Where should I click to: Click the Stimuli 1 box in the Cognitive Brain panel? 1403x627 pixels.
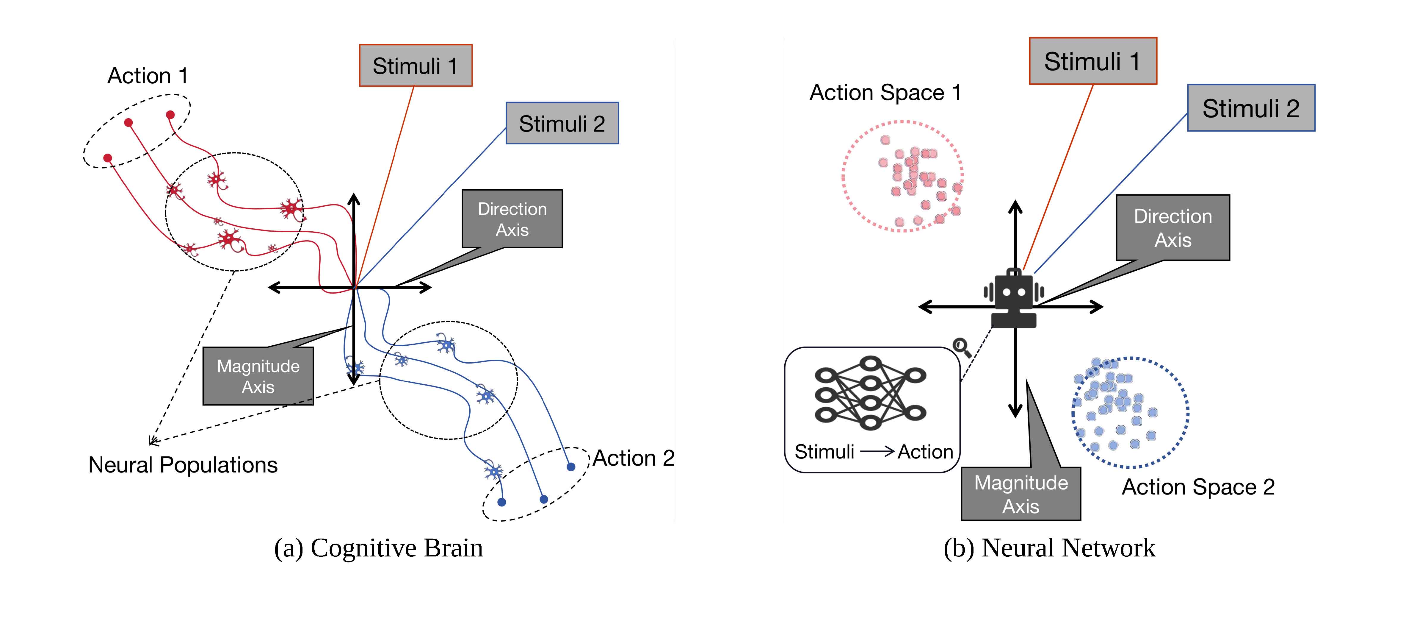pos(416,65)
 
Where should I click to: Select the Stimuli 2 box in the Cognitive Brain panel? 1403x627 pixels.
pos(562,123)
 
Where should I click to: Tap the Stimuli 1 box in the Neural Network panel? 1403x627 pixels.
pos(1092,61)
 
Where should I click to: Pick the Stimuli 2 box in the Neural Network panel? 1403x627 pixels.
pos(1251,108)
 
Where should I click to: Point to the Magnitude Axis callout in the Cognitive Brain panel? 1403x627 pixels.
pos(258,376)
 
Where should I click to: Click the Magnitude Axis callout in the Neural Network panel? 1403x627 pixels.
pos(1021,494)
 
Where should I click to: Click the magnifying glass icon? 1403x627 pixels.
pos(962,347)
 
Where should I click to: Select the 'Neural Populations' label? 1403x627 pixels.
pos(183,465)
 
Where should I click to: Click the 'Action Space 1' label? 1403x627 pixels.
pos(885,93)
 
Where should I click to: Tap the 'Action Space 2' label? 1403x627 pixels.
pos(1198,487)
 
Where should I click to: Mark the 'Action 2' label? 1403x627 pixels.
pos(634,458)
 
